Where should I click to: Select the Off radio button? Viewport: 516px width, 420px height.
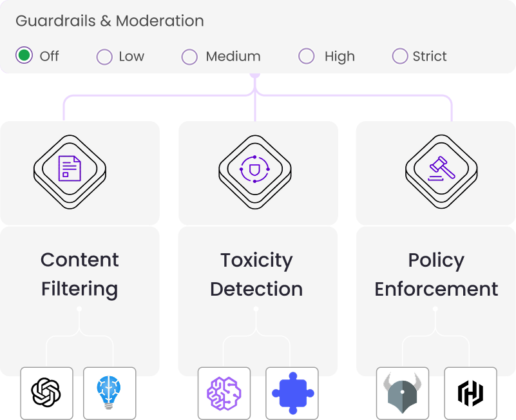click(x=24, y=55)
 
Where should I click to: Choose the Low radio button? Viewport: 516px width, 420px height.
click(x=104, y=57)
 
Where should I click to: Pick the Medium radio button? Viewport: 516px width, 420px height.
click(x=189, y=57)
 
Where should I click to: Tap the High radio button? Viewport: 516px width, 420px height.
click(x=307, y=56)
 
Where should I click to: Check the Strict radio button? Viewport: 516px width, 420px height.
click(x=400, y=56)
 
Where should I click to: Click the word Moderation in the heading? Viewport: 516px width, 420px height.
click(x=160, y=21)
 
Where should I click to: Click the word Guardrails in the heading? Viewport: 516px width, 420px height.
click(x=55, y=21)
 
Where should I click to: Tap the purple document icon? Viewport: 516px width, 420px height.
click(x=70, y=168)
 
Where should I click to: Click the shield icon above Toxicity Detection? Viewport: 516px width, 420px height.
click(x=254, y=169)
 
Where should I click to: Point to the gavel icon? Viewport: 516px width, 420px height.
click(x=441, y=169)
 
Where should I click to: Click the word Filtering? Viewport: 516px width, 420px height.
click(x=80, y=289)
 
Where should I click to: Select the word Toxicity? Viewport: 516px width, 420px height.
click(x=256, y=260)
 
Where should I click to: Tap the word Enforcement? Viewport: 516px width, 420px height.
click(x=436, y=289)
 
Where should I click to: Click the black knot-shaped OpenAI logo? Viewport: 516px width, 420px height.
click(x=46, y=392)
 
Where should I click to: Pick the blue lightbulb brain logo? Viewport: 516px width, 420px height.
click(x=109, y=392)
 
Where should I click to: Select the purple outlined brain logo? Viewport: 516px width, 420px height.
click(x=224, y=394)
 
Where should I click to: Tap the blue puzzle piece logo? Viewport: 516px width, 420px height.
click(x=293, y=393)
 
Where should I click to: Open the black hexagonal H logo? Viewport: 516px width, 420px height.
click(x=471, y=393)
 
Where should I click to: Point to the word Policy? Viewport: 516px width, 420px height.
click(x=436, y=260)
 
